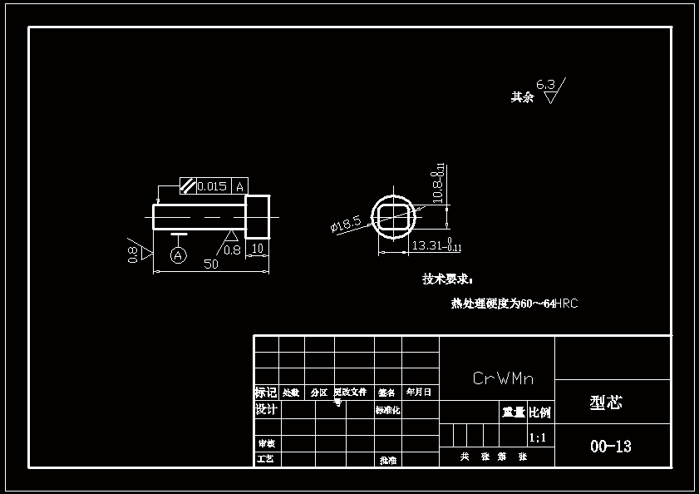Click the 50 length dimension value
click(x=211, y=264)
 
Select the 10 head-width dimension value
click(x=258, y=249)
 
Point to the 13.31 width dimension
click(x=427, y=245)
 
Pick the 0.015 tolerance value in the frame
click(x=212, y=186)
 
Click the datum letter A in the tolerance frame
click(x=239, y=186)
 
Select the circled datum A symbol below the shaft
click(x=178, y=256)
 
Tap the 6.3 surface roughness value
click(x=545, y=85)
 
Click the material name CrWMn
click(x=503, y=379)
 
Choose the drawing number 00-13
click(x=611, y=447)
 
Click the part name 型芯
click(x=606, y=403)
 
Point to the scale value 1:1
click(x=538, y=437)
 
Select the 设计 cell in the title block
click(x=266, y=410)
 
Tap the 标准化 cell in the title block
click(x=387, y=410)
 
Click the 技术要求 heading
click(x=447, y=279)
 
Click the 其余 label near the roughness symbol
click(x=522, y=97)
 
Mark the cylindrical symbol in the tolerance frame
click(x=188, y=186)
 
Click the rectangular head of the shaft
click(x=258, y=216)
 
